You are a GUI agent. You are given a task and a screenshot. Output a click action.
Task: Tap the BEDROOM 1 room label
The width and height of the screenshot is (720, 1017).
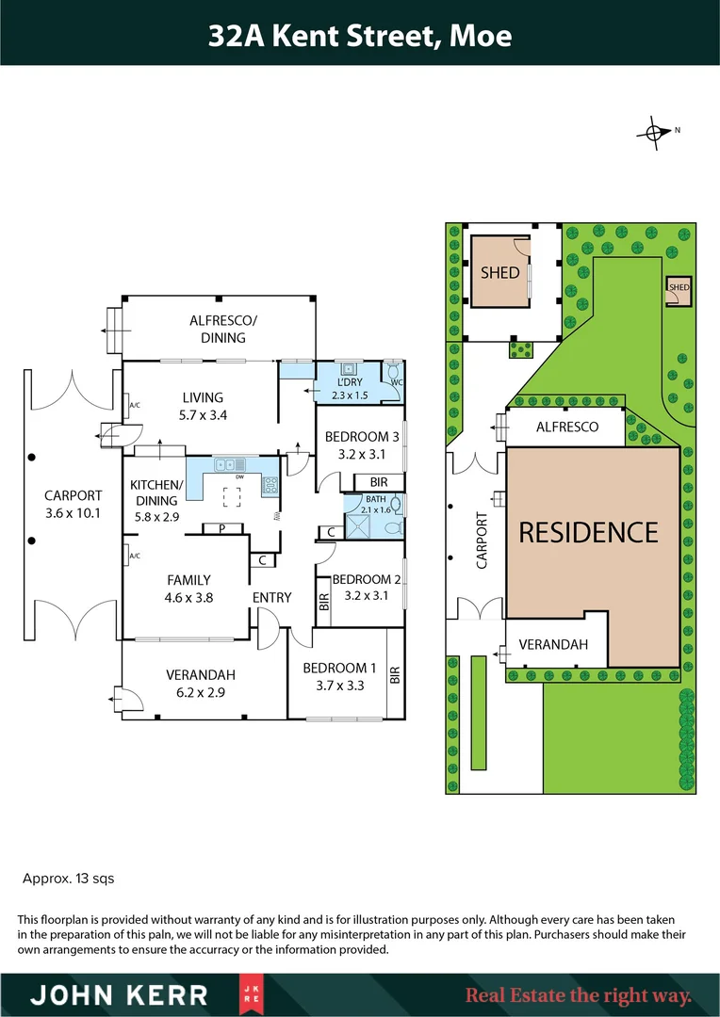tap(339, 668)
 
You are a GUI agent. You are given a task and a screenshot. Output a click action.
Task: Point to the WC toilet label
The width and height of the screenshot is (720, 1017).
tap(396, 383)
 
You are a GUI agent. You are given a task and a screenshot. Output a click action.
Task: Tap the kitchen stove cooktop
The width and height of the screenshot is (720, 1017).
tap(270, 486)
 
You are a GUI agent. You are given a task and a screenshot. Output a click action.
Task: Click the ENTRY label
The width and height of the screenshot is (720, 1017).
tap(271, 597)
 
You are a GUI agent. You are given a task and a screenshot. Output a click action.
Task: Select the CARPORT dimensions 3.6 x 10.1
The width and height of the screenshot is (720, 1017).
tap(74, 513)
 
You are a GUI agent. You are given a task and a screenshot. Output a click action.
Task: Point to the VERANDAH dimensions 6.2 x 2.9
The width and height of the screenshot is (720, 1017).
tap(200, 691)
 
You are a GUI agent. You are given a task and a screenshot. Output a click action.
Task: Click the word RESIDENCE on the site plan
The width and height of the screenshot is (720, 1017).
tap(589, 531)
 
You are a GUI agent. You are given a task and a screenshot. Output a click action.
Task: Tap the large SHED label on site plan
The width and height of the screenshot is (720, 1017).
tap(499, 272)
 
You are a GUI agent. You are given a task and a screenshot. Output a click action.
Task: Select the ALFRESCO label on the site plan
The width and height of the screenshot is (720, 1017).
tap(567, 427)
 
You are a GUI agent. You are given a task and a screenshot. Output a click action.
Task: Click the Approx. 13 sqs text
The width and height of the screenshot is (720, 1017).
tap(68, 879)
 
